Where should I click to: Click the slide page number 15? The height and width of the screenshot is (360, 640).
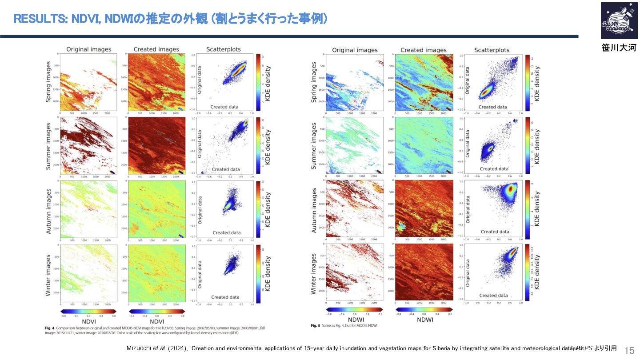(630, 351)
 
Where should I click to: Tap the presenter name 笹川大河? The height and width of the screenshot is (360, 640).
(619, 48)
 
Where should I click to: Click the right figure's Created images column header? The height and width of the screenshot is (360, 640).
(423, 50)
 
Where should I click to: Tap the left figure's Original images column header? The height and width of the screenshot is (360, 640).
(88, 49)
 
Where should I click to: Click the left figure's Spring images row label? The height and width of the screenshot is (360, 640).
(48, 82)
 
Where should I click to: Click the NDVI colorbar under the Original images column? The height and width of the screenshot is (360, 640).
(88, 311)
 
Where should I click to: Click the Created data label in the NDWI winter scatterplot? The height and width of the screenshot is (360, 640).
(494, 296)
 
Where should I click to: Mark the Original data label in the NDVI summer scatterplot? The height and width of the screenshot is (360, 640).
(200, 143)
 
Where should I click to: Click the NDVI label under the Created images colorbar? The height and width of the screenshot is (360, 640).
(157, 321)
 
